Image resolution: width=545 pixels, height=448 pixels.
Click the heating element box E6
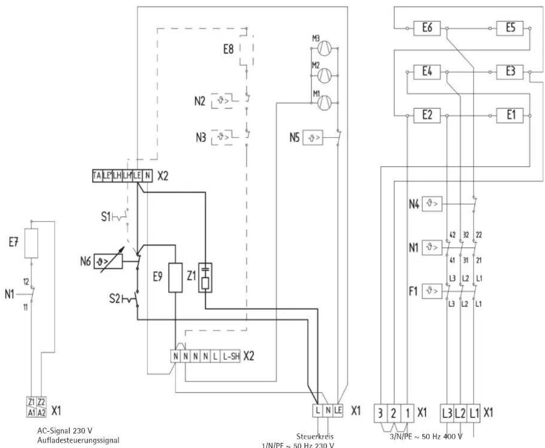[x=427, y=28]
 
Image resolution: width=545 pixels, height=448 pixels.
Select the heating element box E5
[x=511, y=28]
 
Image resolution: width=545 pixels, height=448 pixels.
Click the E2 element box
[x=427, y=116]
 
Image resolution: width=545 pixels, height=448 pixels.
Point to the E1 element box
[x=511, y=116]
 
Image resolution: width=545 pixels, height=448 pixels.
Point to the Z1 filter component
[x=205, y=277]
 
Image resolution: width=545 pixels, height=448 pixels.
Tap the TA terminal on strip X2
[x=96, y=176]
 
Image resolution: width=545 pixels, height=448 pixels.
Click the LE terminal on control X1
[x=338, y=410]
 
